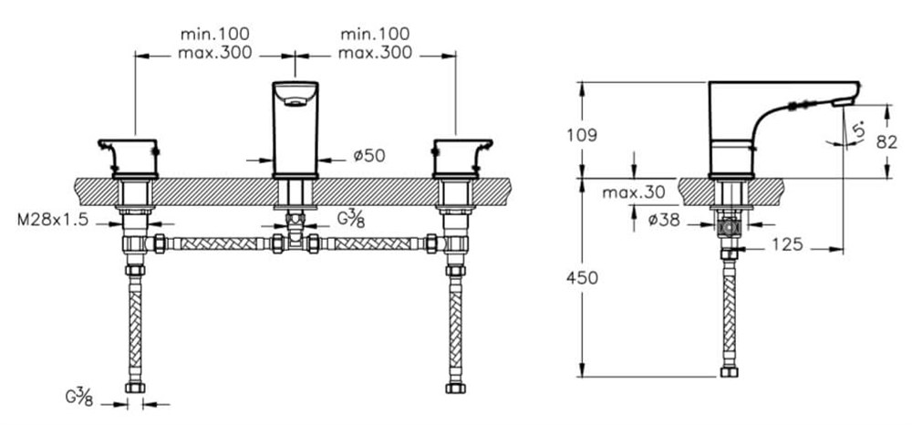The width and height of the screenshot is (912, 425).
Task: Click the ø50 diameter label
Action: click(x=369, y=156)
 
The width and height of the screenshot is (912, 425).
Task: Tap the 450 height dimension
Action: click(x=586, y=278)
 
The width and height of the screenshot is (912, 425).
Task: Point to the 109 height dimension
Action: click(x=586, y=135)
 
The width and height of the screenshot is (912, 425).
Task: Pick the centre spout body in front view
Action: click(x=295, y=128)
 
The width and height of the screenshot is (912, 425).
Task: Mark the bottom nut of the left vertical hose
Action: click(x=134, y=388)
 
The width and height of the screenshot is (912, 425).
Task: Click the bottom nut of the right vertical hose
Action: click(x=455, y=388)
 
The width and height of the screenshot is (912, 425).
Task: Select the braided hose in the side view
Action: click(x=728, y=310)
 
